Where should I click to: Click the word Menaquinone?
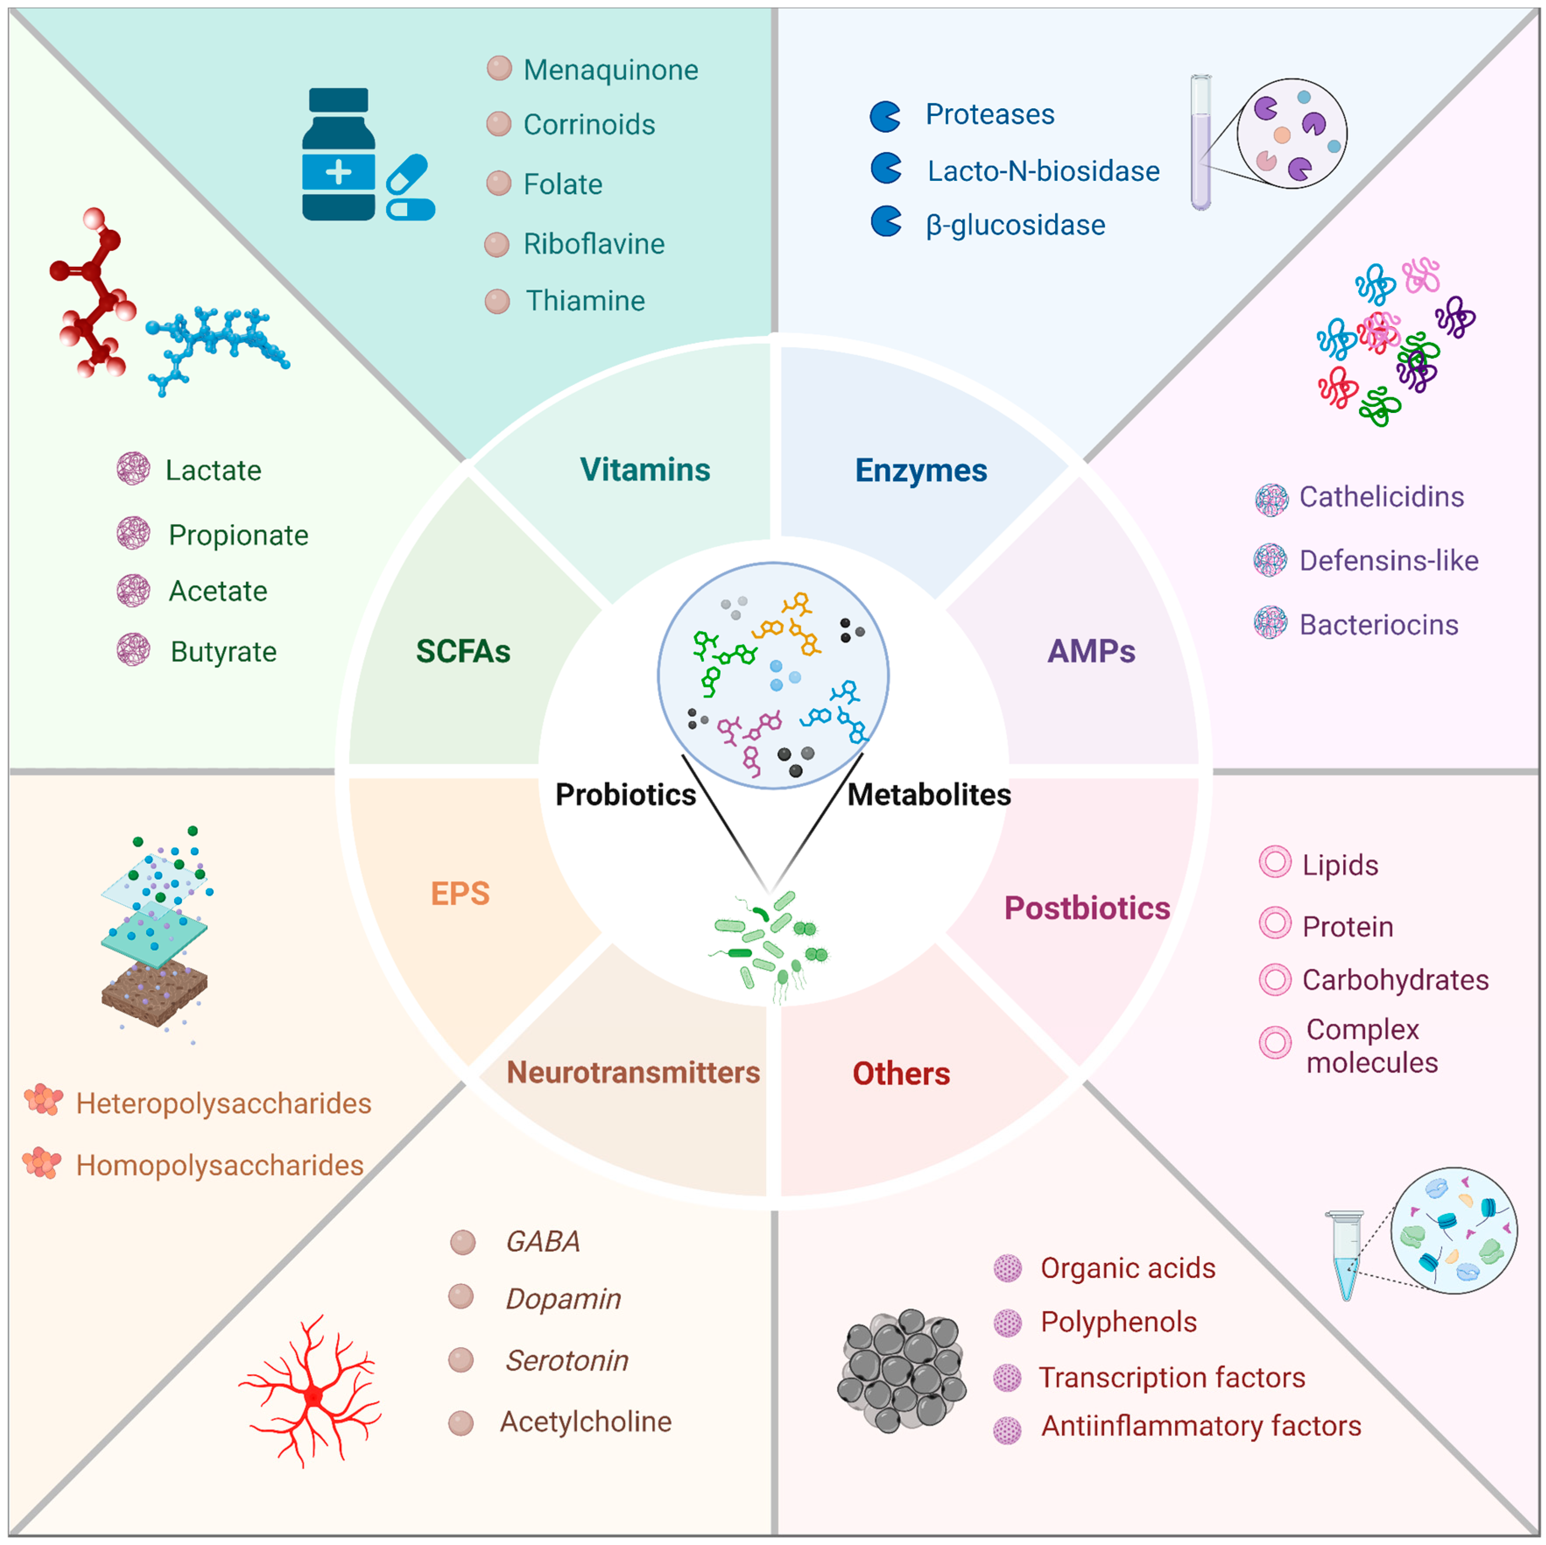pos(610,71)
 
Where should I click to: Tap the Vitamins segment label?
pos(645,470)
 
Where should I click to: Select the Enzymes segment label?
pos(921,471)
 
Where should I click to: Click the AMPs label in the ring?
pos(1092,652)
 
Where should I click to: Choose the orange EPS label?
pos(460,893)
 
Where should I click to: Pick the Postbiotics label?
pos(1087,909)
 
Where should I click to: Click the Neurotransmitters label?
pos(633,1072)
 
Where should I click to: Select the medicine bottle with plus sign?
pos(338,155)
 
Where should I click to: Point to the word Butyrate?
pos(223,653)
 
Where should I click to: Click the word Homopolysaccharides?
pos(219,1166)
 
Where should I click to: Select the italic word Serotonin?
pos(567,1361)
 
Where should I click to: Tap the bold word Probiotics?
pos(626,795)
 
